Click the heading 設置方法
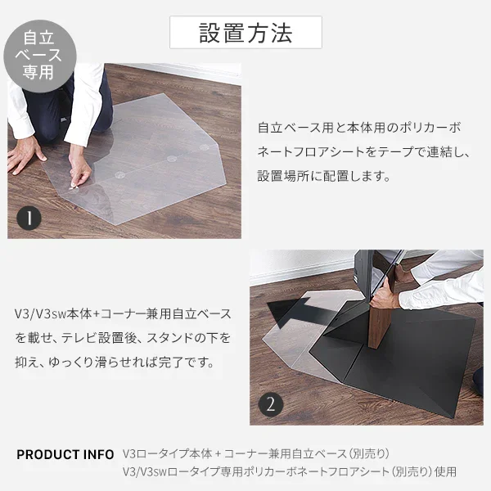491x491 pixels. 245,33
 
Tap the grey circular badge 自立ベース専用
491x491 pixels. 38,54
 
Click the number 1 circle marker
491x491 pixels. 29,218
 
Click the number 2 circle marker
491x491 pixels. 271,403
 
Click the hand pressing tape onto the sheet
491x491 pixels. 80,173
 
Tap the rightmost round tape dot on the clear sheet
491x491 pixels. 205,148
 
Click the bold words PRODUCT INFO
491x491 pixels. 65,454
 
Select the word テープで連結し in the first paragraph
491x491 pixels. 428,151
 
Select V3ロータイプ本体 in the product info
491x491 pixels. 169,454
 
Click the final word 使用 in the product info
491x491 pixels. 445,472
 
